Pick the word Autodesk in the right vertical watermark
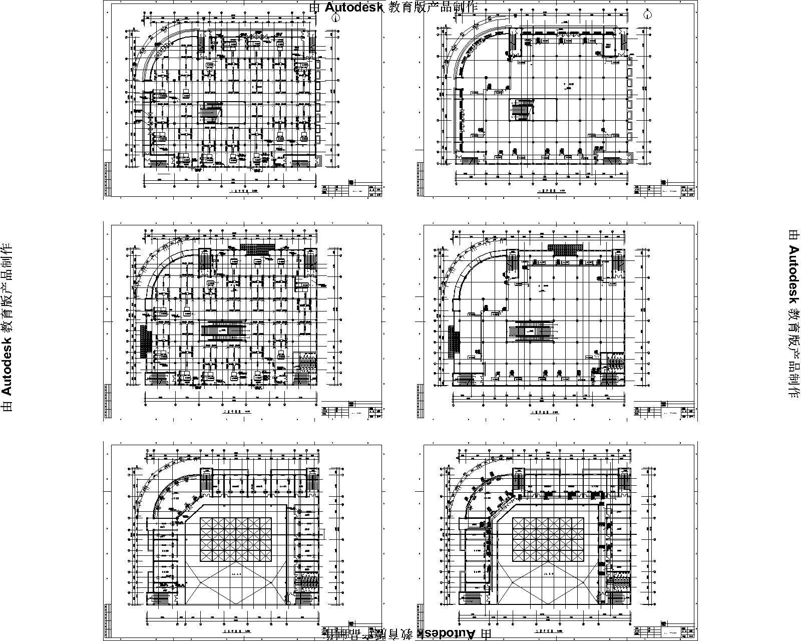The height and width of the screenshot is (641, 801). (x=793, y=271)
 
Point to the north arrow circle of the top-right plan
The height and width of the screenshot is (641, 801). (x=648, y=15)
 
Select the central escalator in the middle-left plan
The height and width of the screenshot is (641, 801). (x=223, y=331)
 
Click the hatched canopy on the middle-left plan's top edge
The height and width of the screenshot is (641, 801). (x=257, y=247)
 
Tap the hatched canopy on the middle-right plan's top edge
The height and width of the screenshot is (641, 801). (x=566, y=247)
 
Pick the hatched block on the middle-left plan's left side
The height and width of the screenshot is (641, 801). (x=144, y=341)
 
